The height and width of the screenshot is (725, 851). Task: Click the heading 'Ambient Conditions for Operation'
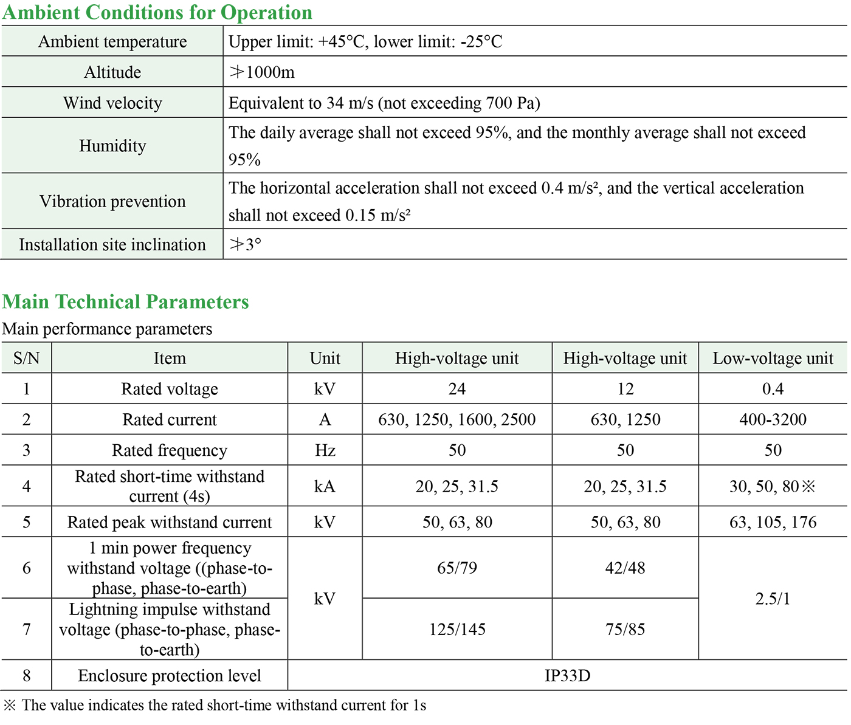click(157, 12)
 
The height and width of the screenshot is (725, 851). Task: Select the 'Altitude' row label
click(112, 72)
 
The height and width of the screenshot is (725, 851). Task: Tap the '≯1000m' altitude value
click(261, 72)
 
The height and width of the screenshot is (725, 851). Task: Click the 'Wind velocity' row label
click(112, 103)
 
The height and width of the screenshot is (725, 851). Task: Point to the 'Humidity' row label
click(112, 146)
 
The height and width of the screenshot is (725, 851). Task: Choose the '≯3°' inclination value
click(245, 244)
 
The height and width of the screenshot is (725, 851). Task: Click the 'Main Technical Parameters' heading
click(126, 301)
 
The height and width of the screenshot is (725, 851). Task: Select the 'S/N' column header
click(26, 358)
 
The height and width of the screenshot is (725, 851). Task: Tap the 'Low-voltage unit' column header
click(773, 358)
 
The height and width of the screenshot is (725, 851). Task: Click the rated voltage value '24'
click(457, 389)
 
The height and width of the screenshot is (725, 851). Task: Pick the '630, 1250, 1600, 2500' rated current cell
click(457, 419)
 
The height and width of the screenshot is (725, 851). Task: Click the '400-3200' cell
click(773, 419)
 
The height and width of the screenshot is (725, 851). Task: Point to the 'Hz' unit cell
click(325, 450)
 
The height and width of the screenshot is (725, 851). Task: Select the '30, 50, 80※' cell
click(772, 486)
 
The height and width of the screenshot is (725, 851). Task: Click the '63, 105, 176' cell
click(773, 522)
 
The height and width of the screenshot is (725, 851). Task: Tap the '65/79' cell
click(457, 568)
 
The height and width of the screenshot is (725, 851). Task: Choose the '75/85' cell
click(625, 629)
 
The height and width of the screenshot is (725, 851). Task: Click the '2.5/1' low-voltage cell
click(773, 599)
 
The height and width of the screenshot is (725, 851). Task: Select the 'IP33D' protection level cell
click(567, 675)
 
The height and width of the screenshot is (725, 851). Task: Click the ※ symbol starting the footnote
click(10, 705)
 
